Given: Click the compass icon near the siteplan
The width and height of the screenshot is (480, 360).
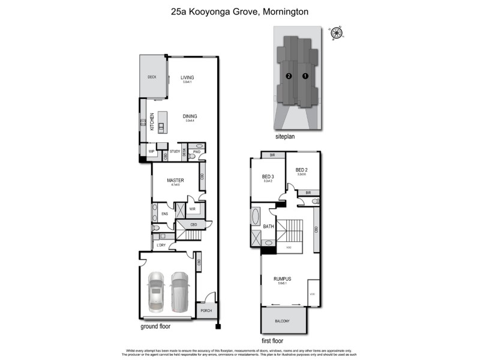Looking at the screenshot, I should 337,34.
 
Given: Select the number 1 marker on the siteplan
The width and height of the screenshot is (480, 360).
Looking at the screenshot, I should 305,76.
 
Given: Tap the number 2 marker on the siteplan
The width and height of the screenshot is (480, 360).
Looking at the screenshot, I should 289,76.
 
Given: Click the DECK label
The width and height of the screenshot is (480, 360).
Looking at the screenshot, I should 152,77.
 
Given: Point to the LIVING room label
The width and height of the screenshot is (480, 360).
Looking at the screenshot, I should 187,77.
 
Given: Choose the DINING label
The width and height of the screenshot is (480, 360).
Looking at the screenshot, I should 190,116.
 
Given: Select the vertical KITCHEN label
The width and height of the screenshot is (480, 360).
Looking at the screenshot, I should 152,122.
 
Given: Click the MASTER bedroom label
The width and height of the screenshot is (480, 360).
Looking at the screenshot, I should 175,180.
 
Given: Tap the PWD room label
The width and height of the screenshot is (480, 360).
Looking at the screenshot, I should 196,152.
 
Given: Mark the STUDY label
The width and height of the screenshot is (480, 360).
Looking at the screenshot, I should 175,152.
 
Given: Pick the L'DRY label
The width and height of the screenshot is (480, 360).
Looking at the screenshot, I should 161,245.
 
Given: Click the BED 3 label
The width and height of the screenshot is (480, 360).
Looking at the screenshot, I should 268,176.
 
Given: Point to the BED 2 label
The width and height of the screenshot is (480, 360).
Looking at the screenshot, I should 301,170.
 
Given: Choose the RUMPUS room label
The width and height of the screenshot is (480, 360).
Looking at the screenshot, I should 282,278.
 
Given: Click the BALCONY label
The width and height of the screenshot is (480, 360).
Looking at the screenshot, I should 282,321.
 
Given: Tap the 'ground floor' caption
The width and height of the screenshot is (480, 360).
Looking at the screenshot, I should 156,327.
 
